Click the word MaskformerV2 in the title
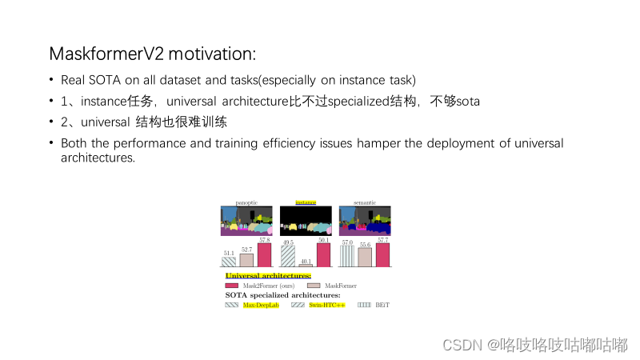click(98, 54)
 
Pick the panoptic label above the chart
click(246, 202)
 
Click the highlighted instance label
click(306, 202)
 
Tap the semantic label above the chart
click(365, 202)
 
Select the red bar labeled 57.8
click(264, 254)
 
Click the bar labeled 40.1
click(306, 265)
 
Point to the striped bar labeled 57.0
click(347, 255)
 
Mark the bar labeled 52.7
click(246, 259)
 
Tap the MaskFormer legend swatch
click(314, 286)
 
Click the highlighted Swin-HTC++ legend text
click(328, 305)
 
